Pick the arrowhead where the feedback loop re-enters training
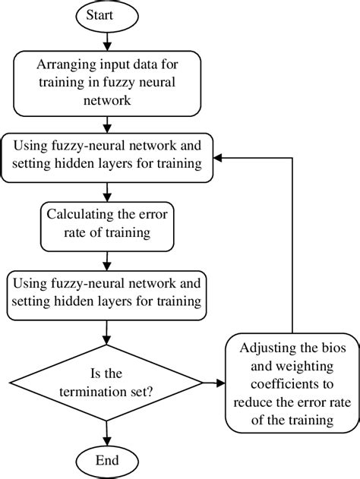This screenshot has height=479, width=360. tap(216, 159)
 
